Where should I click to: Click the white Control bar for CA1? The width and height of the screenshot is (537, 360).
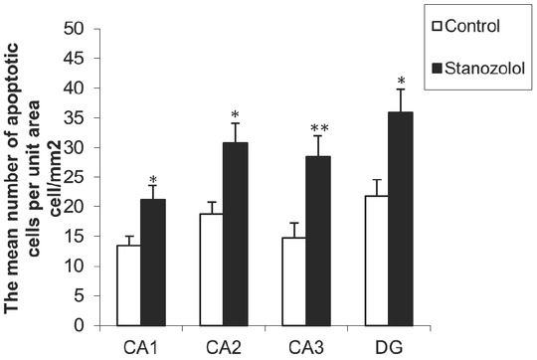(x=128, y=285)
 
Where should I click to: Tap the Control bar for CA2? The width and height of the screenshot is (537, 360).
(x=210, y=270)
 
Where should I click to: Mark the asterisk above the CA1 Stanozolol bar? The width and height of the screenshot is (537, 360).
(x=152, y=181)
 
